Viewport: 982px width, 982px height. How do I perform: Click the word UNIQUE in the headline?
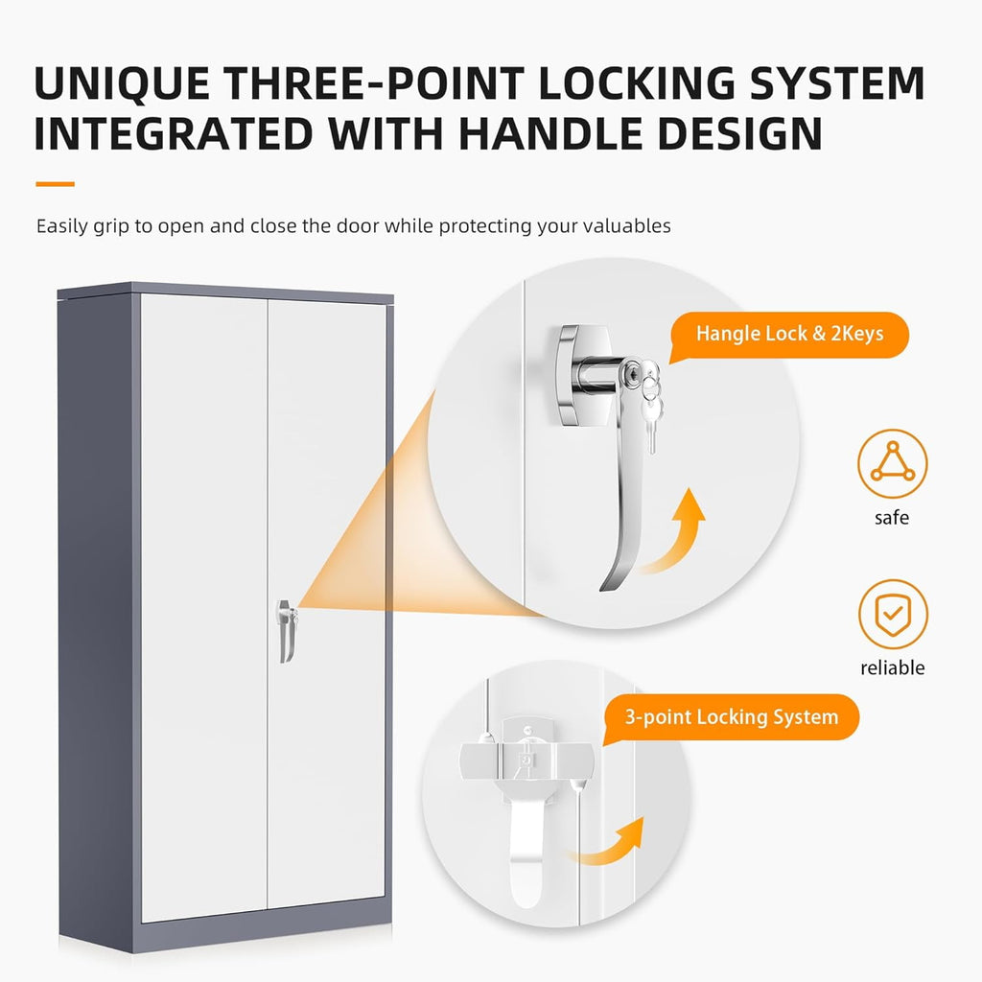point(122,84)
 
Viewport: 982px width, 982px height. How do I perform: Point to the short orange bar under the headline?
point(55,184)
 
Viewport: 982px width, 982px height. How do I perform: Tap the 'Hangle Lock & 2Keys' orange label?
point(789,335)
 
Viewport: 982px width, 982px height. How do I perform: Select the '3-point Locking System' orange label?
point(731,717)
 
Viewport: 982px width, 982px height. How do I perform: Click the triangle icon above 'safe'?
point(893,463)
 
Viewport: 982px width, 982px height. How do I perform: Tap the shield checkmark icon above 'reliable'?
point(893,614)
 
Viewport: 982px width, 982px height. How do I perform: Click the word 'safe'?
point(892,518)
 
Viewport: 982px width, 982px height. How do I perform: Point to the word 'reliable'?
point(893,667)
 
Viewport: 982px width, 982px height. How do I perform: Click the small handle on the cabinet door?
point(286,630)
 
